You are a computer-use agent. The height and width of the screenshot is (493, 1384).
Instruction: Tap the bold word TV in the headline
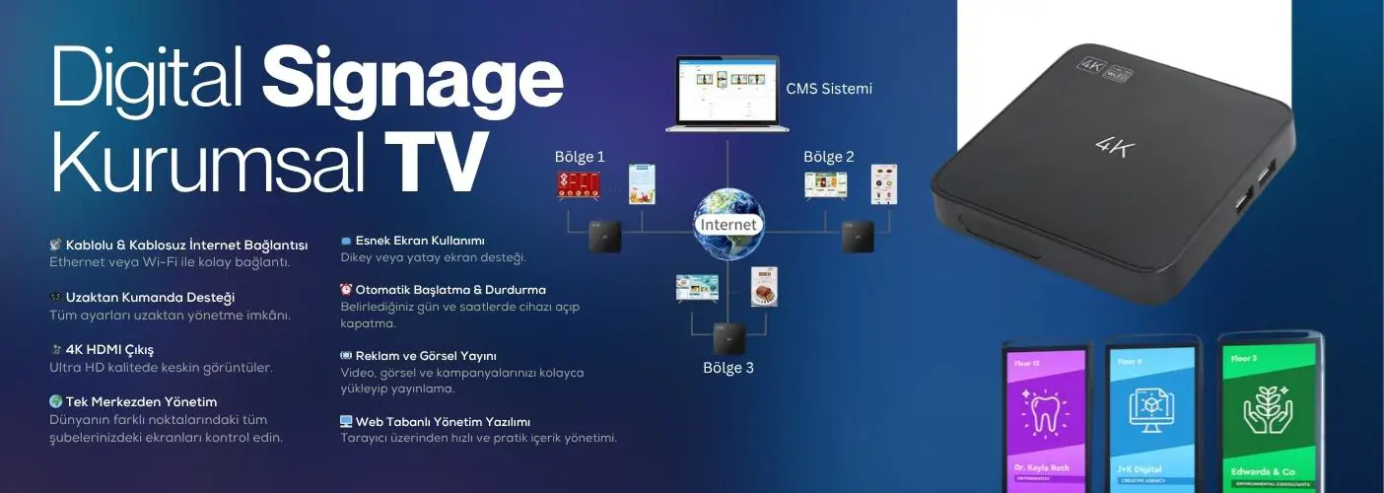(436, 161)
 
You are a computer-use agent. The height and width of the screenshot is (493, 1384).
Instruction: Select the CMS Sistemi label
(829, 89)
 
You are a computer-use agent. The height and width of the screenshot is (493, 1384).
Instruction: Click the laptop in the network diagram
(727, 95)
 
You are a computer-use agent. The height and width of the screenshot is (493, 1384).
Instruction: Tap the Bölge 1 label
(580, 156)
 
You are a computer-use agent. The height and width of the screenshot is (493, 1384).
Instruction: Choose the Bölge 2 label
(829, 156)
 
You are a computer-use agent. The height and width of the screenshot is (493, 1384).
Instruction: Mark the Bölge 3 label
(727, 368)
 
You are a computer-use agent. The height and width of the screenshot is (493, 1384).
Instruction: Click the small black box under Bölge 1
(604, 237)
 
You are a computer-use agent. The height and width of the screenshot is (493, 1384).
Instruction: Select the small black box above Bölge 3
(728, 338)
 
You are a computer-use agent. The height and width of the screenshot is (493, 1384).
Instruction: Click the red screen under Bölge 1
(578, 184)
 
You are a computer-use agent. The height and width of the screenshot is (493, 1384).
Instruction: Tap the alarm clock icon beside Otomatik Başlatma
(346, 290)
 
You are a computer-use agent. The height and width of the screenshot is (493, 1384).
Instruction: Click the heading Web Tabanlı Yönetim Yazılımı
(443, 421)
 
